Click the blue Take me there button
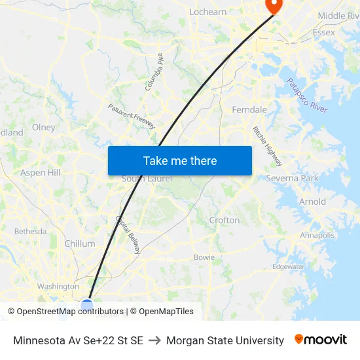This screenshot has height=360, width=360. pyautogui.click(x=180, y=160)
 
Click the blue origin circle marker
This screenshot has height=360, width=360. pyautogui.click(x=87, y=304)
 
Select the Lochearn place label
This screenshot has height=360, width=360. pyautogui.click(x=207, y=12)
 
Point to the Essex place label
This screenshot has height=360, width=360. pyautogui.click(x=324, y=32)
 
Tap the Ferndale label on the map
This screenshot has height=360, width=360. pyautogui.click(x=249, y=110)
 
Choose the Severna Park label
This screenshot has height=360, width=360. pyautogui.click(x=292, y=178)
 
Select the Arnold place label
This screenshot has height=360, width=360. pyautogui.click(x=312, y=202)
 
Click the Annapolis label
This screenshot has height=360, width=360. pyautogui.click(x=317, y=235)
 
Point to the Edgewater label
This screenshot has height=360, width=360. pyautogui.click(x=289, y=266)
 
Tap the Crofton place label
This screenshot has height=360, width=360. pyautogui.click(x=225, y=220)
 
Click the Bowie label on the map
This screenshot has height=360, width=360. pyautogui.click(x=204, y=257)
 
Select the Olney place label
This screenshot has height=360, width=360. pyautogui.click(x=44, y=128)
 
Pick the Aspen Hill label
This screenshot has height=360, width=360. pyautogui.click(x=41, y=173)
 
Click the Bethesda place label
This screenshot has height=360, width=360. pyautogui.click(x=30, y=231)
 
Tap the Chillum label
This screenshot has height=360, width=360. pyautogui.click(x=80, y=243)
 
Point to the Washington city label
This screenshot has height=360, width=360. pyautogui.click(x=58, y=286)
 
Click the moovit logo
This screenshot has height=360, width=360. pyautogui.click(x=321, y=340)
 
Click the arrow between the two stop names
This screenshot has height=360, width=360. pyautogui.click(x=154, y=340)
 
